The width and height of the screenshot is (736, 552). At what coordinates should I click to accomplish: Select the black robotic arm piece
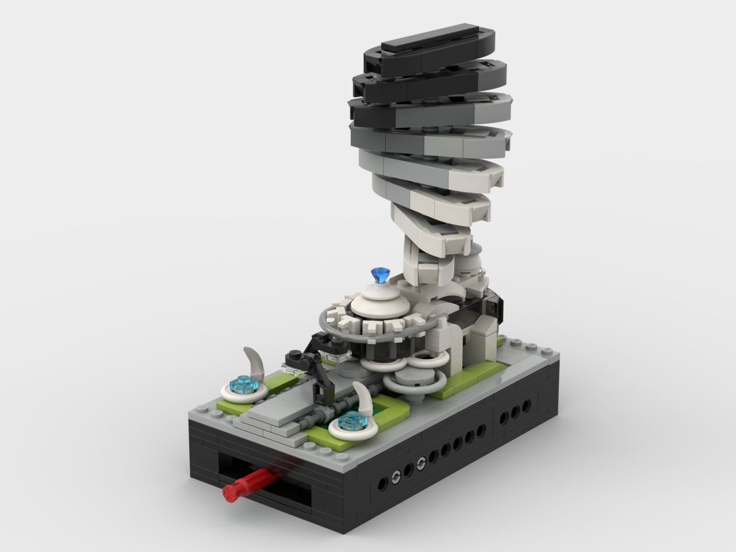(313, 368)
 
